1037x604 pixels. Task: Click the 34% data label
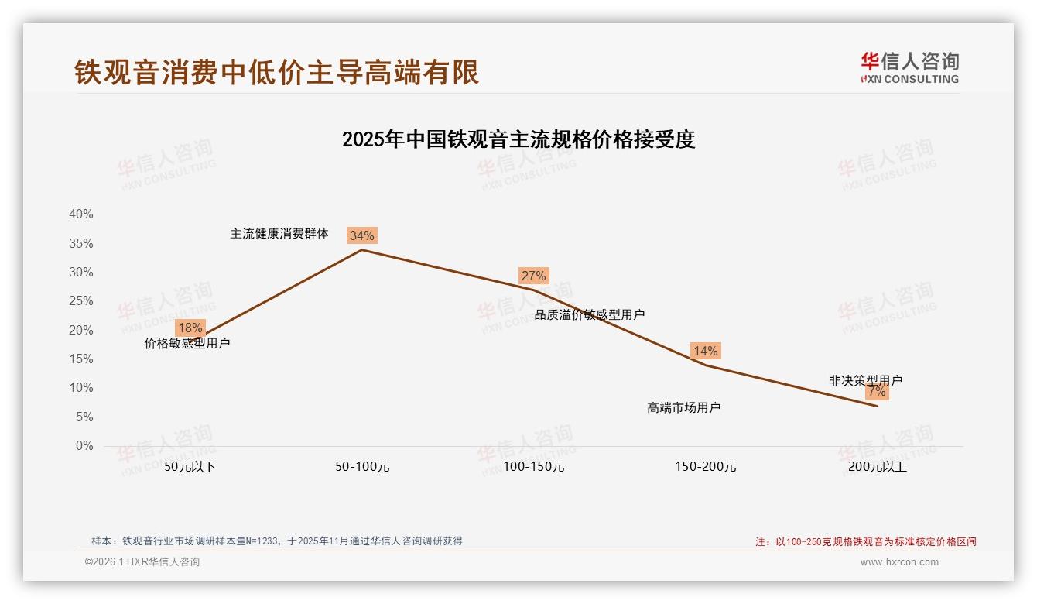point(361,235)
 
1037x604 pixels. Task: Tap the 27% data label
point(533,276)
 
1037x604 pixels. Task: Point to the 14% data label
point(705,351)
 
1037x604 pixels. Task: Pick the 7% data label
point(877,392)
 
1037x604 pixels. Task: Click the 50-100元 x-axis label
point(362,467)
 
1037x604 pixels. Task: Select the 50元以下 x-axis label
point(190,467)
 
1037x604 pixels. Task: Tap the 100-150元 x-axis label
point(534,467)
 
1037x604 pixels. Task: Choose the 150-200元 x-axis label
point(706,467)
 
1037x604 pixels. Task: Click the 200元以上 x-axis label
point(878,467)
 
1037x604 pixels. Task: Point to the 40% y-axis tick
point(81,214)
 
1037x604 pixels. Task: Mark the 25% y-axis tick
point(81,301)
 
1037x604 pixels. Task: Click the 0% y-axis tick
point(84,446)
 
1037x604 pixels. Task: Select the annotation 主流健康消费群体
point(279,233)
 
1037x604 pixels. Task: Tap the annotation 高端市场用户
point(684,407)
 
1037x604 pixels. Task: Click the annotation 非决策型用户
point(865,380)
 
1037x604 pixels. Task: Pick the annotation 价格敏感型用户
point(187,343)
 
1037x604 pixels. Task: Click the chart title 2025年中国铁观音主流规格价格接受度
point(518,139)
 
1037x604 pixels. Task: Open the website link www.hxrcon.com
point(899,562)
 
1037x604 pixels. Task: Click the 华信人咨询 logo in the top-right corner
point(910,67)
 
